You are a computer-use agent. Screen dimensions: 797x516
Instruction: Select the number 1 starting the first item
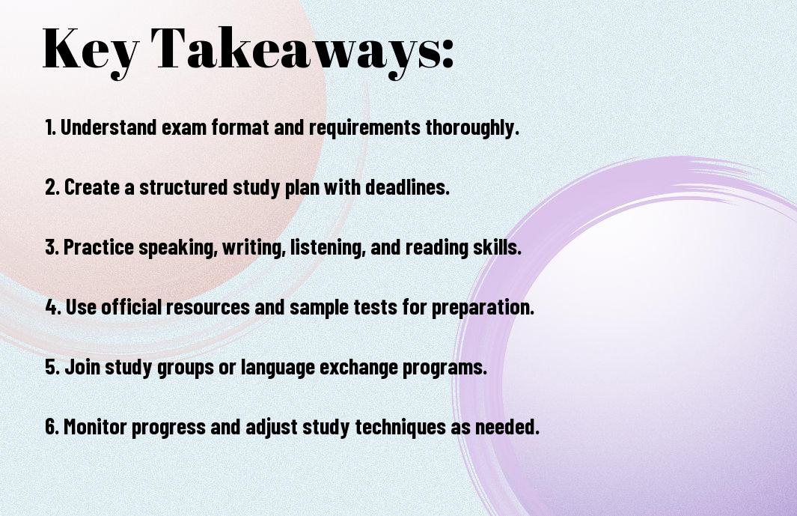(49, 127)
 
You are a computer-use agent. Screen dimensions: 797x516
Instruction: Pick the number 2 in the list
(51, 187)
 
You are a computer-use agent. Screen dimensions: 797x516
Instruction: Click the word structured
(183, 187)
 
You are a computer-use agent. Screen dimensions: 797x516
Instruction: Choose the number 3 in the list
(51, 247)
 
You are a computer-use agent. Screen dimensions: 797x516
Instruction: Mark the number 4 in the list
(52, 307)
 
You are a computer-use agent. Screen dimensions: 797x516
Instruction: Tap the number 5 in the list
(51, 367)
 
